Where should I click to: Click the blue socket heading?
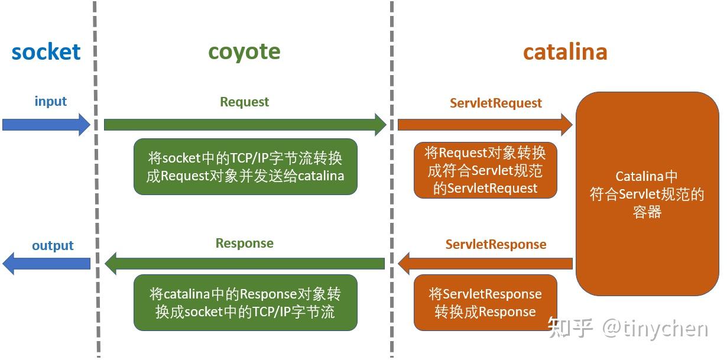pyautogui.click(x=46, y=52)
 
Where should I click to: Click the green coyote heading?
pyautogui.click(x=244, y=52)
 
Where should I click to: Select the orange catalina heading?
pyautogui.click(x=565, y=52)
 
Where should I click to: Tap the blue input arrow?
pyautogui.click(x=46, y=125)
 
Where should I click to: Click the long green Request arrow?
pyautogui.click(x=245, y=125)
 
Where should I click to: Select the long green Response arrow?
pyautogui.click(x=245, y=263)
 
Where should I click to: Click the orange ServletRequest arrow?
pyautogui.click(x=485, y=125)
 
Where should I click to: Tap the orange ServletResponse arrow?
pyautogui.click(x=485, y=263)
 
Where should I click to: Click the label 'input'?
pyautogui.click(x=51, y=101)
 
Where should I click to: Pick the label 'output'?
pyautogui.click(x=53, y=245)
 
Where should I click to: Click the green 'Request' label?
pyautogui.click(x=244, y=102)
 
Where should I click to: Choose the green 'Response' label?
pyautogui.click(x=244, y=244)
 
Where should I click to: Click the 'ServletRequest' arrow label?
pyautogui.click(x=495, y=103)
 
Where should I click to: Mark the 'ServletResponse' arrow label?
pyautogui.click(x=495, y=245)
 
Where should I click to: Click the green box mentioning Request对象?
pyautogui.click(x=245, y=167)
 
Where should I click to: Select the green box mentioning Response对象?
pyautogui.click(x=245, y=303)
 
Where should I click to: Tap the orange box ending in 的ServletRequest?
pyautogui.click(x=485, y=170)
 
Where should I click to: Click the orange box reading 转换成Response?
pyautogui.click(x=485, y=303)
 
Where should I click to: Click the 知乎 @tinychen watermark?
pyautogui.click(x=628, y=328)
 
